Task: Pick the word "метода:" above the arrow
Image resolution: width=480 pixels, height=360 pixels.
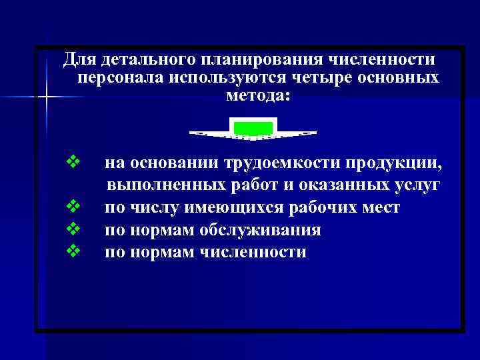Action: click(x=258, y=96)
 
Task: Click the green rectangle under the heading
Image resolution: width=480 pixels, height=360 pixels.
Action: click(x=253, y=127)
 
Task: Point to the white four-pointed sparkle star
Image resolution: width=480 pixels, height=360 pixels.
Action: click(x=45, y=97)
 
